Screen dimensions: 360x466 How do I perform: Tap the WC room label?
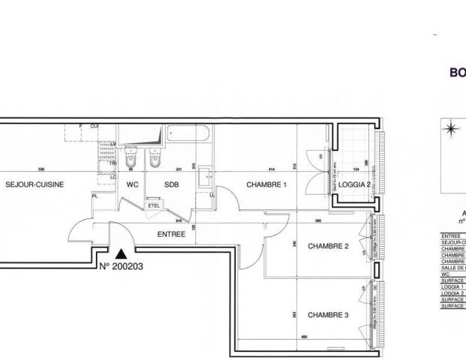tap(133, 184)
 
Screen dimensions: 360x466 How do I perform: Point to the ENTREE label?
tap(171, 234)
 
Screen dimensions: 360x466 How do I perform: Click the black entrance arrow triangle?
tap(120, 254)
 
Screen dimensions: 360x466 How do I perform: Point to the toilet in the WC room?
tap(131, 159)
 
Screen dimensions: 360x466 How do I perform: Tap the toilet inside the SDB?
tap(155, 159)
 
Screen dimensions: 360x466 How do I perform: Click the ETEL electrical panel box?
tap(155, 204)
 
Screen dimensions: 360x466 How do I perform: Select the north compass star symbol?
tap(450, 129)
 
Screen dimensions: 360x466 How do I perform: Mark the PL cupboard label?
tap(95, 196)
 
